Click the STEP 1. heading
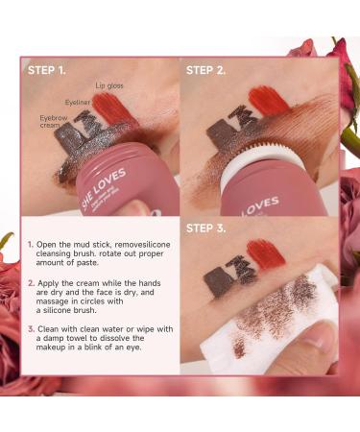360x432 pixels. (47, 70)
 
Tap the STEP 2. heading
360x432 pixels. (205, 70)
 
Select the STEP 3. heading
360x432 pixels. (205, 228)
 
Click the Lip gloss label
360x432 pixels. (109, 85)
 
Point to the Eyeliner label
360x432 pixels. (78, 103)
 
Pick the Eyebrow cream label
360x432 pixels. (54, 122)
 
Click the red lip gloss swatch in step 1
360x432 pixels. (111, 108)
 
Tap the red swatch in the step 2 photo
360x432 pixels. (268, 100)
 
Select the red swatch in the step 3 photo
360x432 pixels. (266, 254)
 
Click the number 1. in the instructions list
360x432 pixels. (31, 245)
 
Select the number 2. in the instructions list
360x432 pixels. (32, 283)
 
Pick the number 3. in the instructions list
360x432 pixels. (32, 329)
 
